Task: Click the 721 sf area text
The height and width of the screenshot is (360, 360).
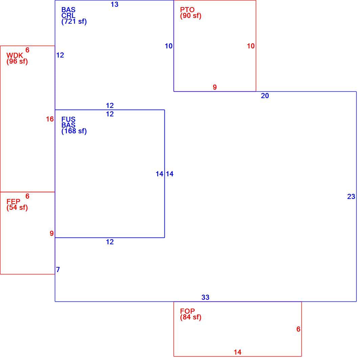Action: pos(74,22)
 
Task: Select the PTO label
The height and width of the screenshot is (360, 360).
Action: pos(187,10)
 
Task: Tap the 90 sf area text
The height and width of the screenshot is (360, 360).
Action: pos(190,16)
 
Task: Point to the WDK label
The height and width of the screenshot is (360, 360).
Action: pos(15,55)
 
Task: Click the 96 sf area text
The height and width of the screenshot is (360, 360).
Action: pos(17,62)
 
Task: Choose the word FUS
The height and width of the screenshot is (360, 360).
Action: pos(68,119)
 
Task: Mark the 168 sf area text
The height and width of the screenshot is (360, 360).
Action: pos(74,131)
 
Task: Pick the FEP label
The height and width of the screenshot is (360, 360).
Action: pos(13,202)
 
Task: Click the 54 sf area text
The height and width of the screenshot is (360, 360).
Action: pos(17,207)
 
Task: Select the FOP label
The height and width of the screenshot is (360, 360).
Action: pos(187,311)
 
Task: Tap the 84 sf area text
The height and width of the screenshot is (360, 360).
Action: pos(190,317)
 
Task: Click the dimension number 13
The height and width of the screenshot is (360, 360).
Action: pos(115,4)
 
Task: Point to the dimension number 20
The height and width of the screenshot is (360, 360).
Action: pos(265,96)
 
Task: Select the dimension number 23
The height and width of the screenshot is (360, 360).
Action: pos(351,197)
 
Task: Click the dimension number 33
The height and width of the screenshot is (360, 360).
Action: pos(205,297)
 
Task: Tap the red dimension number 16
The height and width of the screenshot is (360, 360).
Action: pos(50,119)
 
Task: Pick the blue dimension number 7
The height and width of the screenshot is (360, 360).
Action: pos(58,270)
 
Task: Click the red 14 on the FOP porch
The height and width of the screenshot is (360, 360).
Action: pos(238,352)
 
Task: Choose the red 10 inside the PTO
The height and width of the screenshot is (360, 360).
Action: pos(251,46)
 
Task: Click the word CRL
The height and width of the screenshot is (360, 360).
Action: pos(68,16)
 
